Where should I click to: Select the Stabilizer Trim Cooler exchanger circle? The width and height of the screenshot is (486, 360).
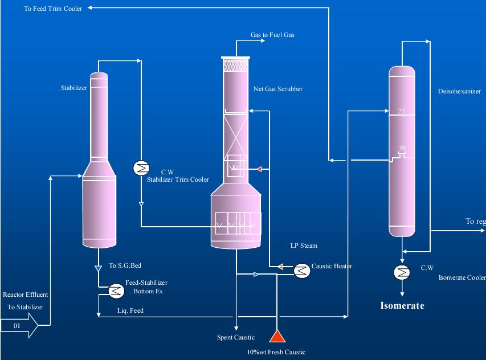[x=140, y=168]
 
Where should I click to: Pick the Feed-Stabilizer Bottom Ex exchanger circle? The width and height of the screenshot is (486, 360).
[x=116, y=291]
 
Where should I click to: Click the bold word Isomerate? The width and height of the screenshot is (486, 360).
[x=402, y=306]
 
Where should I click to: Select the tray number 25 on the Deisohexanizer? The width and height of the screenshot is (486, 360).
[x=401, y=111]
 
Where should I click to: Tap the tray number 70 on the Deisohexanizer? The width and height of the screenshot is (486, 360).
[x=402, y=149]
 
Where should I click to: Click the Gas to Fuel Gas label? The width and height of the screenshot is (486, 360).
[x=272, y=35]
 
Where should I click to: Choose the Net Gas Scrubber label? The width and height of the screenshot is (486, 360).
[x=278, y=89]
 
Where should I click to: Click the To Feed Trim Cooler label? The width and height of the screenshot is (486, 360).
[x=53, y=9]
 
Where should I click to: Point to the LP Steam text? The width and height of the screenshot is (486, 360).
[x=304, y=246]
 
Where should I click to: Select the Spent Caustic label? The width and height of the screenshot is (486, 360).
[x=236, y=337]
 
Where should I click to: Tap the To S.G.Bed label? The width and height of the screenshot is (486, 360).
[x=121, y=266]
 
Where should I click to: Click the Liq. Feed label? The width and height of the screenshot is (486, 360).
[x=130, y=310]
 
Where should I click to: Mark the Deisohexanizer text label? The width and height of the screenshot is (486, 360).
[x=459, y=91]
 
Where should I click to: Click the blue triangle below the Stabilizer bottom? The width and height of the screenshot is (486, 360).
[x=99, y=266]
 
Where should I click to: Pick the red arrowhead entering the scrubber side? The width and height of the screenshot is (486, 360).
[x=259, y=169]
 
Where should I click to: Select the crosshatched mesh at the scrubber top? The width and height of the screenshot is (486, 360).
[x=235, y=66]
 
